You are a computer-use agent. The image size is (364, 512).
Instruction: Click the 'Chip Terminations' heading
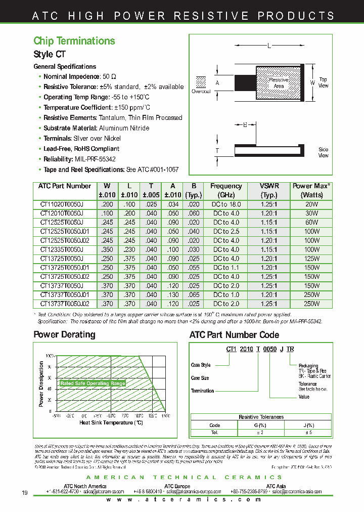point(74,41)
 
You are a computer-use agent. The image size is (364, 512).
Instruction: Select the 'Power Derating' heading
point(64,334)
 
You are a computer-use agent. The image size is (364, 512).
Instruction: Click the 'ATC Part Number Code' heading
point(234,334)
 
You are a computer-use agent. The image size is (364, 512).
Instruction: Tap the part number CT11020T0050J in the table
point(61,204)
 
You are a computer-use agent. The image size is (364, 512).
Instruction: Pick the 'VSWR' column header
point(269,186)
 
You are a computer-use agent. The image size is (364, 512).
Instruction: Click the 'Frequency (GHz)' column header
point(226,190)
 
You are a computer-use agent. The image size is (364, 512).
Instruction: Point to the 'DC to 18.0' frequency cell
point(226,204)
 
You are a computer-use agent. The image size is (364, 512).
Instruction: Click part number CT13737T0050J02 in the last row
point(64,304)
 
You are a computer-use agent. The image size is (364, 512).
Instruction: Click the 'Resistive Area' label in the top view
point(279,83)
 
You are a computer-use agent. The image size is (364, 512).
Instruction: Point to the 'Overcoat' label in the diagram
point(201,92)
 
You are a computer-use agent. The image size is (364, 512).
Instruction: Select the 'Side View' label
point(323,152)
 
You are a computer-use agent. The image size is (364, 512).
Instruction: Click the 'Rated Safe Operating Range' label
point(93,383)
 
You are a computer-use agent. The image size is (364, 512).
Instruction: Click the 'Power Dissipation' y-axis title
point(41,384)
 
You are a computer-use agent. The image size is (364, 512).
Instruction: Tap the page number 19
point(25,493)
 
